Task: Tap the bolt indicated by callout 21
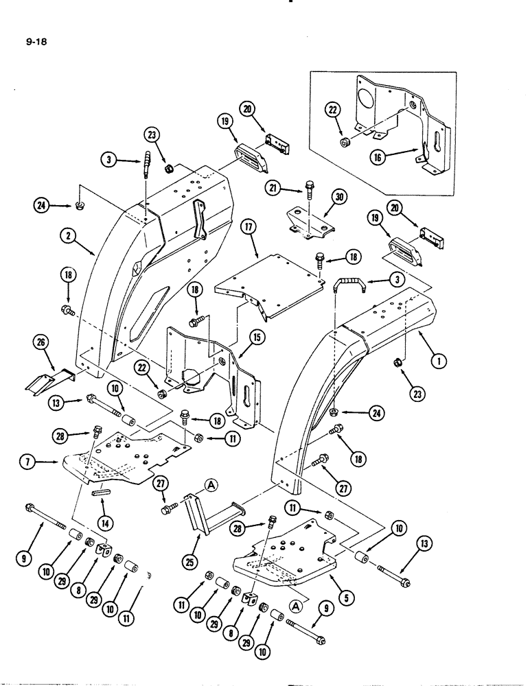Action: point(310,187)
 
